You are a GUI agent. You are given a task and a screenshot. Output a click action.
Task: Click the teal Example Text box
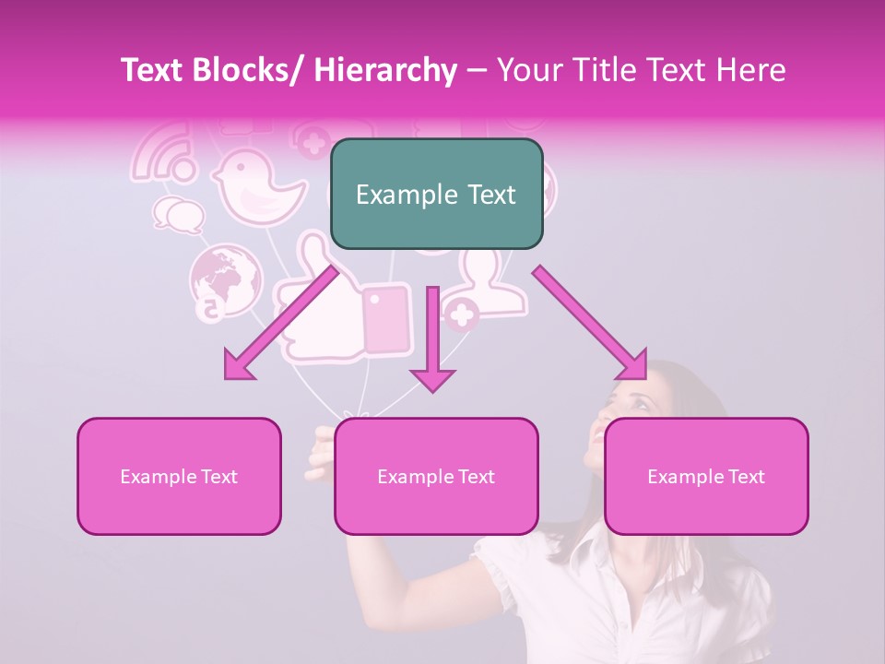436,195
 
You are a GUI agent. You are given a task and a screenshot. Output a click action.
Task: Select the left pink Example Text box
179,477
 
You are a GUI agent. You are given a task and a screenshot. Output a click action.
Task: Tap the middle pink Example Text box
436,477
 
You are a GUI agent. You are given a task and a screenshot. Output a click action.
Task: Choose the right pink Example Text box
706,477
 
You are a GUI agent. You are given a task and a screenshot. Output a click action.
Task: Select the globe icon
224,279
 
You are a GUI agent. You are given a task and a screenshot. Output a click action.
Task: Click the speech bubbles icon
178,215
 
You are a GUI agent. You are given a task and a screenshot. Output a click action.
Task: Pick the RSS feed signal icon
164,153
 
